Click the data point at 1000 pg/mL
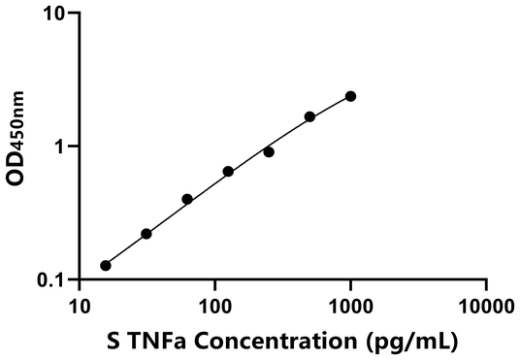pos(350,96)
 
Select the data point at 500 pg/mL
pos(309,116)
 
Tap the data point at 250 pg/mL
pos(269,151)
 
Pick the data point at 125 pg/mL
pos(228,172)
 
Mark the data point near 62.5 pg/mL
pos(187,199)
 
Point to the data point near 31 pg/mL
pos(146,234)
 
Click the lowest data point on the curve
pos(106,265)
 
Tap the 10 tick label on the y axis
pos(54,15)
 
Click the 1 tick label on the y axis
pos(59,147)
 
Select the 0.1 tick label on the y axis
pos(51,280)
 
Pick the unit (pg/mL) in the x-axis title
pos(411,342)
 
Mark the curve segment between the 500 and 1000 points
pos(330,106)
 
